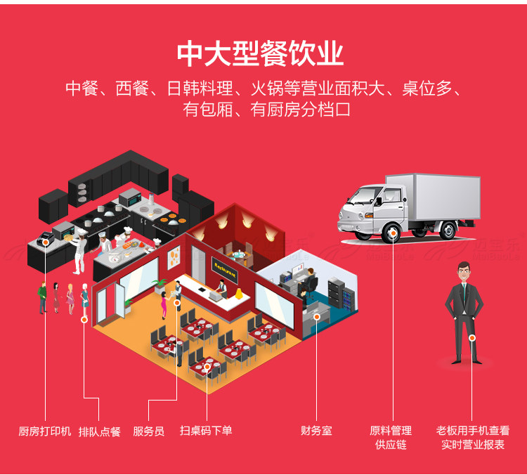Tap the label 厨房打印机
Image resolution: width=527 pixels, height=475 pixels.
[45, 431]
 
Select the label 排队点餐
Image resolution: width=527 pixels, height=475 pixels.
[99, 431]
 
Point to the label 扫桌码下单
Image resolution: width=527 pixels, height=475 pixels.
[206, 431]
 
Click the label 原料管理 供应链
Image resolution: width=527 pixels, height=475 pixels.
[391, 437]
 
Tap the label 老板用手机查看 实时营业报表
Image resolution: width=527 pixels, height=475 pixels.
[472, 437]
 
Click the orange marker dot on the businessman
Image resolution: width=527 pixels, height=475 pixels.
[472, 338]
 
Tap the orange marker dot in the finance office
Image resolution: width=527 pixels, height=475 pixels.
[316, 317]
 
